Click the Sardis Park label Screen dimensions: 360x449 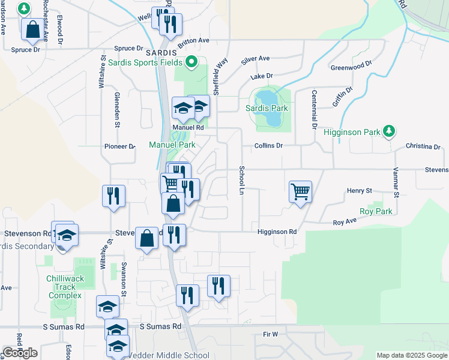coord(267,109)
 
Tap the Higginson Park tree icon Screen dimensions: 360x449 coord(389,131)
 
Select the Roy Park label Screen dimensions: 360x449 coord(376,212)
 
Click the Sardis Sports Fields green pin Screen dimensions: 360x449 coord(191,62)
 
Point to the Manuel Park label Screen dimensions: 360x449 coord(172,145)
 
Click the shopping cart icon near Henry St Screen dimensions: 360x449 coord(300,193)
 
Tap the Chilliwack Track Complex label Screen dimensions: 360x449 coord(66,287)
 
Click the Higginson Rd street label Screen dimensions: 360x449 coord(277,232)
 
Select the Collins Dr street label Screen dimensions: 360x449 coord(268,146)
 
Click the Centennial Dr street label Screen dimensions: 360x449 coord(313,110)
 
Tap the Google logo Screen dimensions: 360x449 coord(20,353)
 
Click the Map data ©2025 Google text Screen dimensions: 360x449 coord(411,355)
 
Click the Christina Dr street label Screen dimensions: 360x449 coord(423,146)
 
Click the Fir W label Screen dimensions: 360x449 coord(271,334)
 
